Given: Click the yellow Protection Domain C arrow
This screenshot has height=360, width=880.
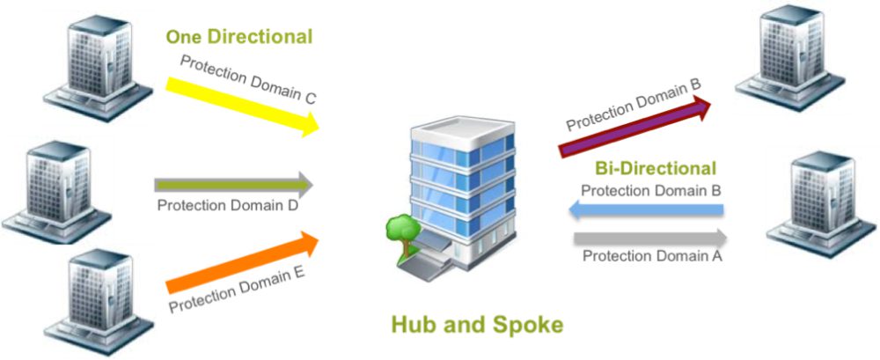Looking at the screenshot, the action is [243, 107].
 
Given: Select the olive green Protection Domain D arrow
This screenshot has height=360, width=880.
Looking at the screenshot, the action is [233, 184].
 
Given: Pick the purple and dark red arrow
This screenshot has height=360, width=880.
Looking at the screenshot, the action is [635, 126].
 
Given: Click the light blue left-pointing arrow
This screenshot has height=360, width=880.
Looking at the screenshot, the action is [646, 210].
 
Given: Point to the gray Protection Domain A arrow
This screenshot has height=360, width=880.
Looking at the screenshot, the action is [650, 239].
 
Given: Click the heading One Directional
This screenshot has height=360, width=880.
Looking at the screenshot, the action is [239, 37].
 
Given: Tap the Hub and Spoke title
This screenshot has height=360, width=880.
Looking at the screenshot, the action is [476, 325].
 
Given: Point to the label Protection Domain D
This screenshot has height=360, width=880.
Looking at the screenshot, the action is [227, 205].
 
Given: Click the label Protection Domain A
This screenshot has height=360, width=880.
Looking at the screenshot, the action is [652, 257].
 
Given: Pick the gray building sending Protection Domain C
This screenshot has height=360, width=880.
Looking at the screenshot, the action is [99, 69].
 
